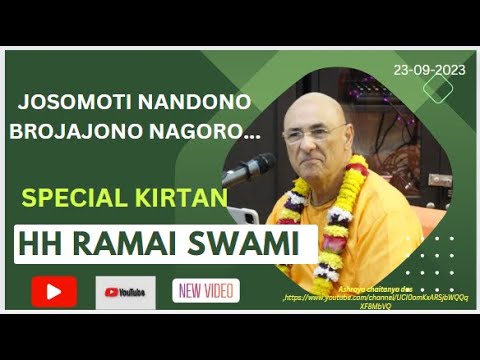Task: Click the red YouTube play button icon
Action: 54,291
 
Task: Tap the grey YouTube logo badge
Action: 125,292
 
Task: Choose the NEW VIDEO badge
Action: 206,291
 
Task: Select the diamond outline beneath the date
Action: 437,88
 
